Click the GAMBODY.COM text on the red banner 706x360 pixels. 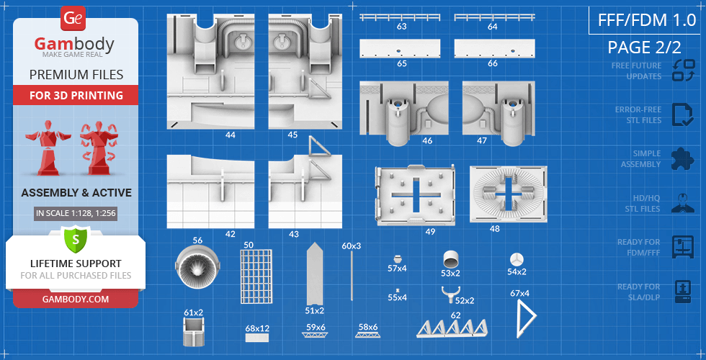75,299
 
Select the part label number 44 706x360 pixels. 231,135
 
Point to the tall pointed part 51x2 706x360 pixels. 315,274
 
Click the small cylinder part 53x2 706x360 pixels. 451,258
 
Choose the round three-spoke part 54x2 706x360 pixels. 517,259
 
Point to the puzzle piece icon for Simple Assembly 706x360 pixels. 682,158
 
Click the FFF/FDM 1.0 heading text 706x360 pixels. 643,19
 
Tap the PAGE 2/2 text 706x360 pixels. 643,48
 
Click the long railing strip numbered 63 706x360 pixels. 401,17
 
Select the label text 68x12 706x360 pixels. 257,328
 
